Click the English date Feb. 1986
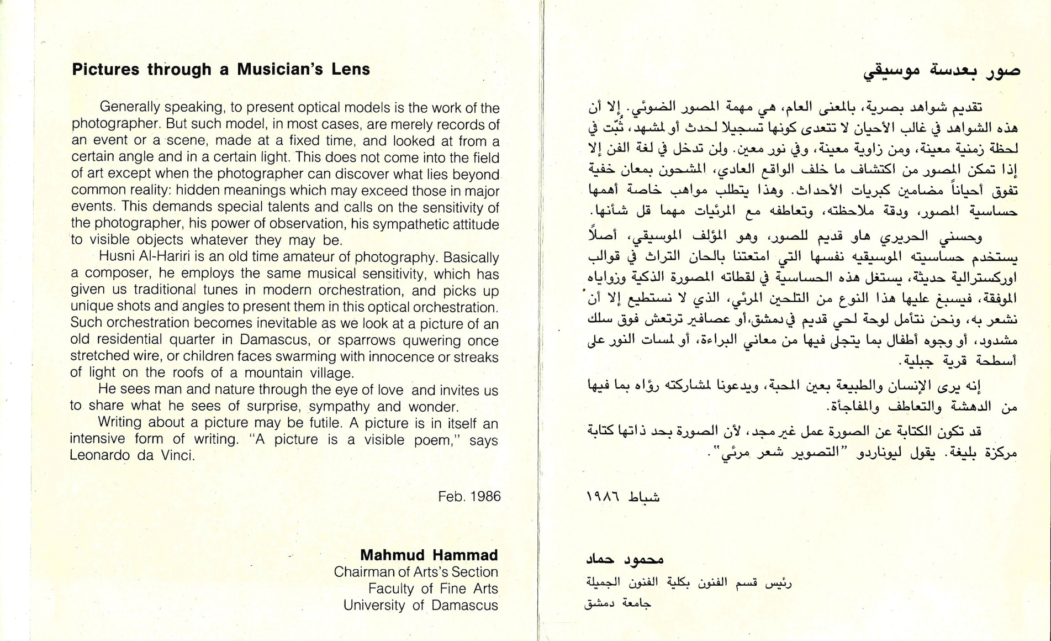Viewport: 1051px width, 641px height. click(x=469, y=496)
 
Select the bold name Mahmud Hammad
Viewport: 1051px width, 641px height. click(x=429, y=555)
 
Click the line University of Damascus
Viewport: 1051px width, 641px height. click(x=420, y=605)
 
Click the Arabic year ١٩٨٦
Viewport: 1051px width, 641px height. click(x=601, y=497)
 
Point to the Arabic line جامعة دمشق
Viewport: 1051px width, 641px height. click(x=617, y=603)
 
